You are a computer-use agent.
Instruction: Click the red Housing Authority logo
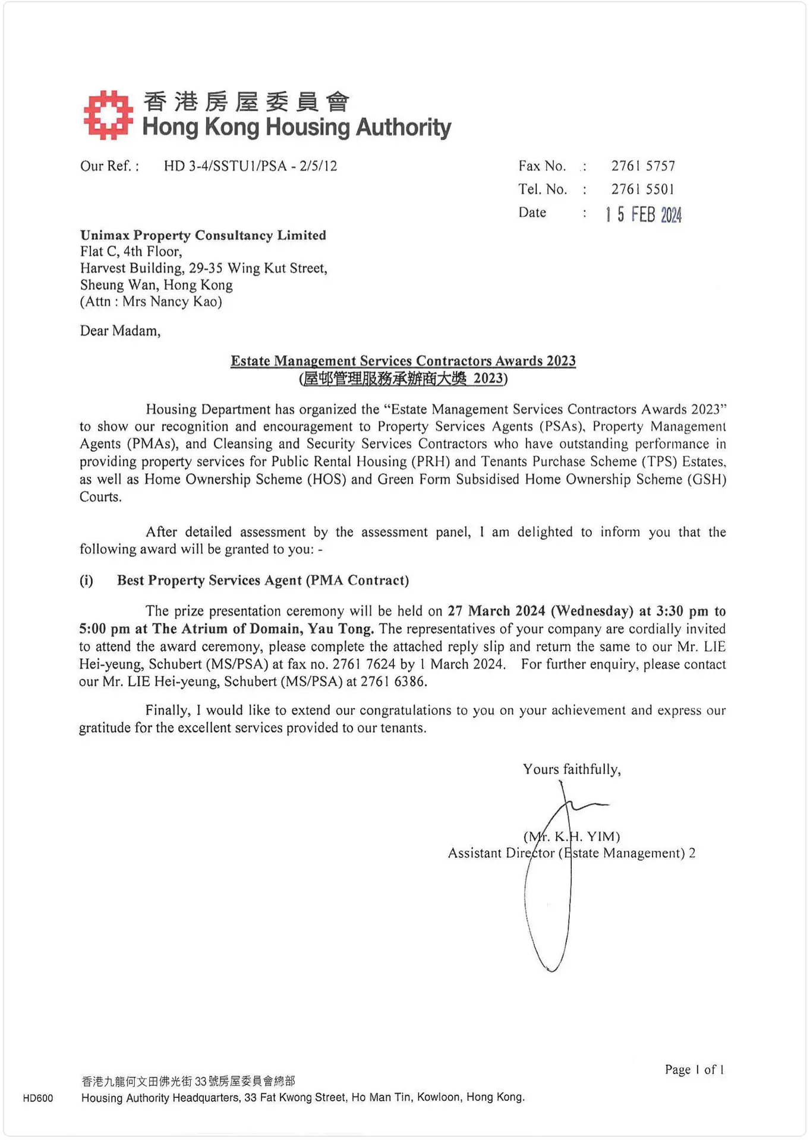click(108, 115)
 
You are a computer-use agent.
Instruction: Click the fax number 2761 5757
click(643, 166)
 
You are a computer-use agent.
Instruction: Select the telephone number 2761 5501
click(643, 189)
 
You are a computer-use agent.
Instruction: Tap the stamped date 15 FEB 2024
click(644, 214)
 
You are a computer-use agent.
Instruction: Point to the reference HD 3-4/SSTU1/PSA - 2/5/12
click(250, 166)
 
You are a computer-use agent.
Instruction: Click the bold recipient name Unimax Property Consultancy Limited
click(203, 235)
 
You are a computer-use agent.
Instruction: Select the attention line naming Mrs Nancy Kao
click(151, 302)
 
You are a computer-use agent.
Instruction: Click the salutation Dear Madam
click(120, 331)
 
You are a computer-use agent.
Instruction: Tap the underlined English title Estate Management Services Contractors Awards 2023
click(403, 361)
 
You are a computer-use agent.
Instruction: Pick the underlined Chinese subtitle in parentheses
click(403, 379)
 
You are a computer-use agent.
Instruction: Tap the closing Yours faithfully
click(572, 769)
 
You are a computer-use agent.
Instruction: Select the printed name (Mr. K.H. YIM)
click(572, 837)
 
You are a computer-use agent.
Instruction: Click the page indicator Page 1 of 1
click(694, 1070)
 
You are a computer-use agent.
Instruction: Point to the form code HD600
click(38, 1098)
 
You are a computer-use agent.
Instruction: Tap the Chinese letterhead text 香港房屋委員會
click(247, 102)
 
